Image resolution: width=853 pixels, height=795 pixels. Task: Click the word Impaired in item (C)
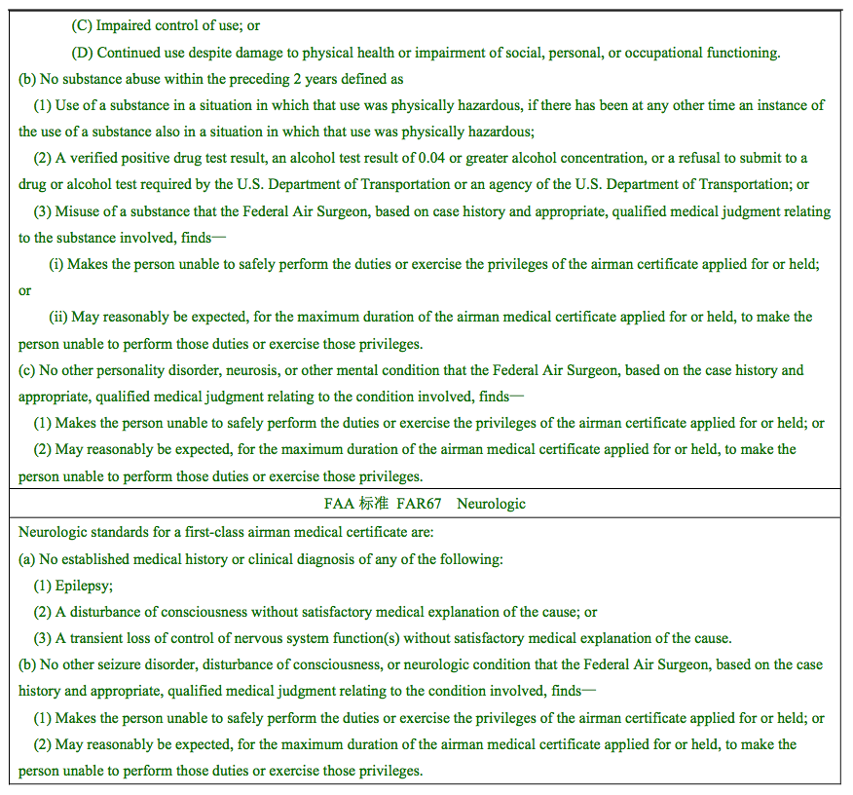coord(123,25)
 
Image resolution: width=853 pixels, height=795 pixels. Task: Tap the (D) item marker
coord(82,53)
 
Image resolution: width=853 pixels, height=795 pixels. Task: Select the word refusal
coord(718,158)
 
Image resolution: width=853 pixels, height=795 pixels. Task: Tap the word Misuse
coord(77,211)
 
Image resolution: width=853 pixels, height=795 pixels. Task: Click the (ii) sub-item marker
coord(58,318)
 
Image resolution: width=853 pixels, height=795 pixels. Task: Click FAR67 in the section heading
coord(418,504)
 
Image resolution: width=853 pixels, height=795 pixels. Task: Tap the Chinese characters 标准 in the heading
coord(374,504)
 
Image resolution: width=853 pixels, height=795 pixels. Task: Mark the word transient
coord(97,639)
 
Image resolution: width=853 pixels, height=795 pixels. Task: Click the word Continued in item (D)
coord(129,53)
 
